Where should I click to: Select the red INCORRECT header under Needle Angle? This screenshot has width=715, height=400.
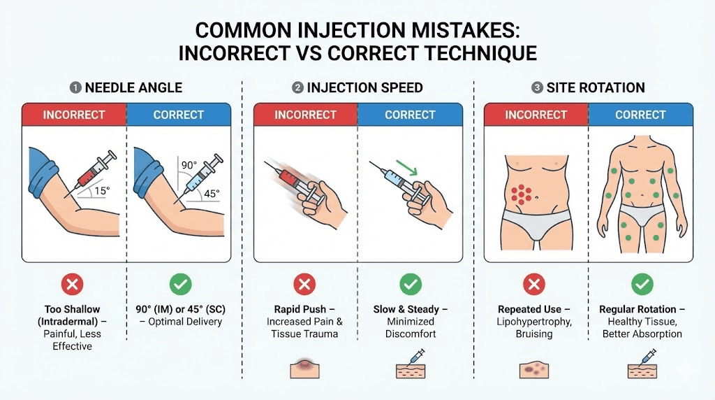pos(74,115)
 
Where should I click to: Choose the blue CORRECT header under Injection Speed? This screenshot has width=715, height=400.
pos(410,115)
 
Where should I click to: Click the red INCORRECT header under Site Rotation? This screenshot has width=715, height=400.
pos(536,115)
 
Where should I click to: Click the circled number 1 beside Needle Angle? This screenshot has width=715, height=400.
pos(75,88)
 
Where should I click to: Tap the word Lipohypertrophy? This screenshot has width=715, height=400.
pos(534,322)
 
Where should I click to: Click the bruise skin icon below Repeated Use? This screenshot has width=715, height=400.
pos(535,369)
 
